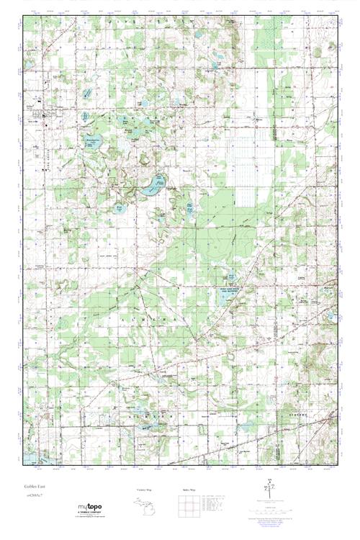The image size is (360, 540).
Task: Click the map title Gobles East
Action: tap(35, 487)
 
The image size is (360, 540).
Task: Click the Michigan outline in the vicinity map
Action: tap(143, 505)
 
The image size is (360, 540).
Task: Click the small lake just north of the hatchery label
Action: tap(231, 277)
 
